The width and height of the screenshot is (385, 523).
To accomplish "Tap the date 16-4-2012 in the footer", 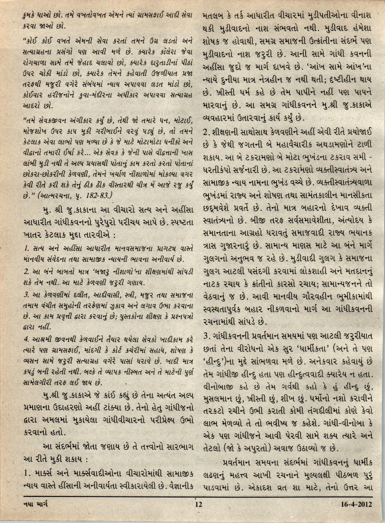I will pos(356,512).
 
